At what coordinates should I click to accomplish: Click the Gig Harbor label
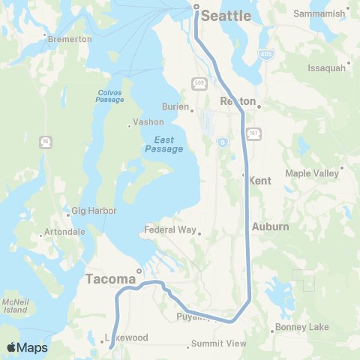(x=94, y=211)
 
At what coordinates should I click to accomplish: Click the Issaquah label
(x=326, y=67)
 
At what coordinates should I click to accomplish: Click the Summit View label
(x=218, y=343)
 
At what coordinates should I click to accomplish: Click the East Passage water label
(x=163, y=144)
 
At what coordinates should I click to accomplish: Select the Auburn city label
(x=270, y=226)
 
